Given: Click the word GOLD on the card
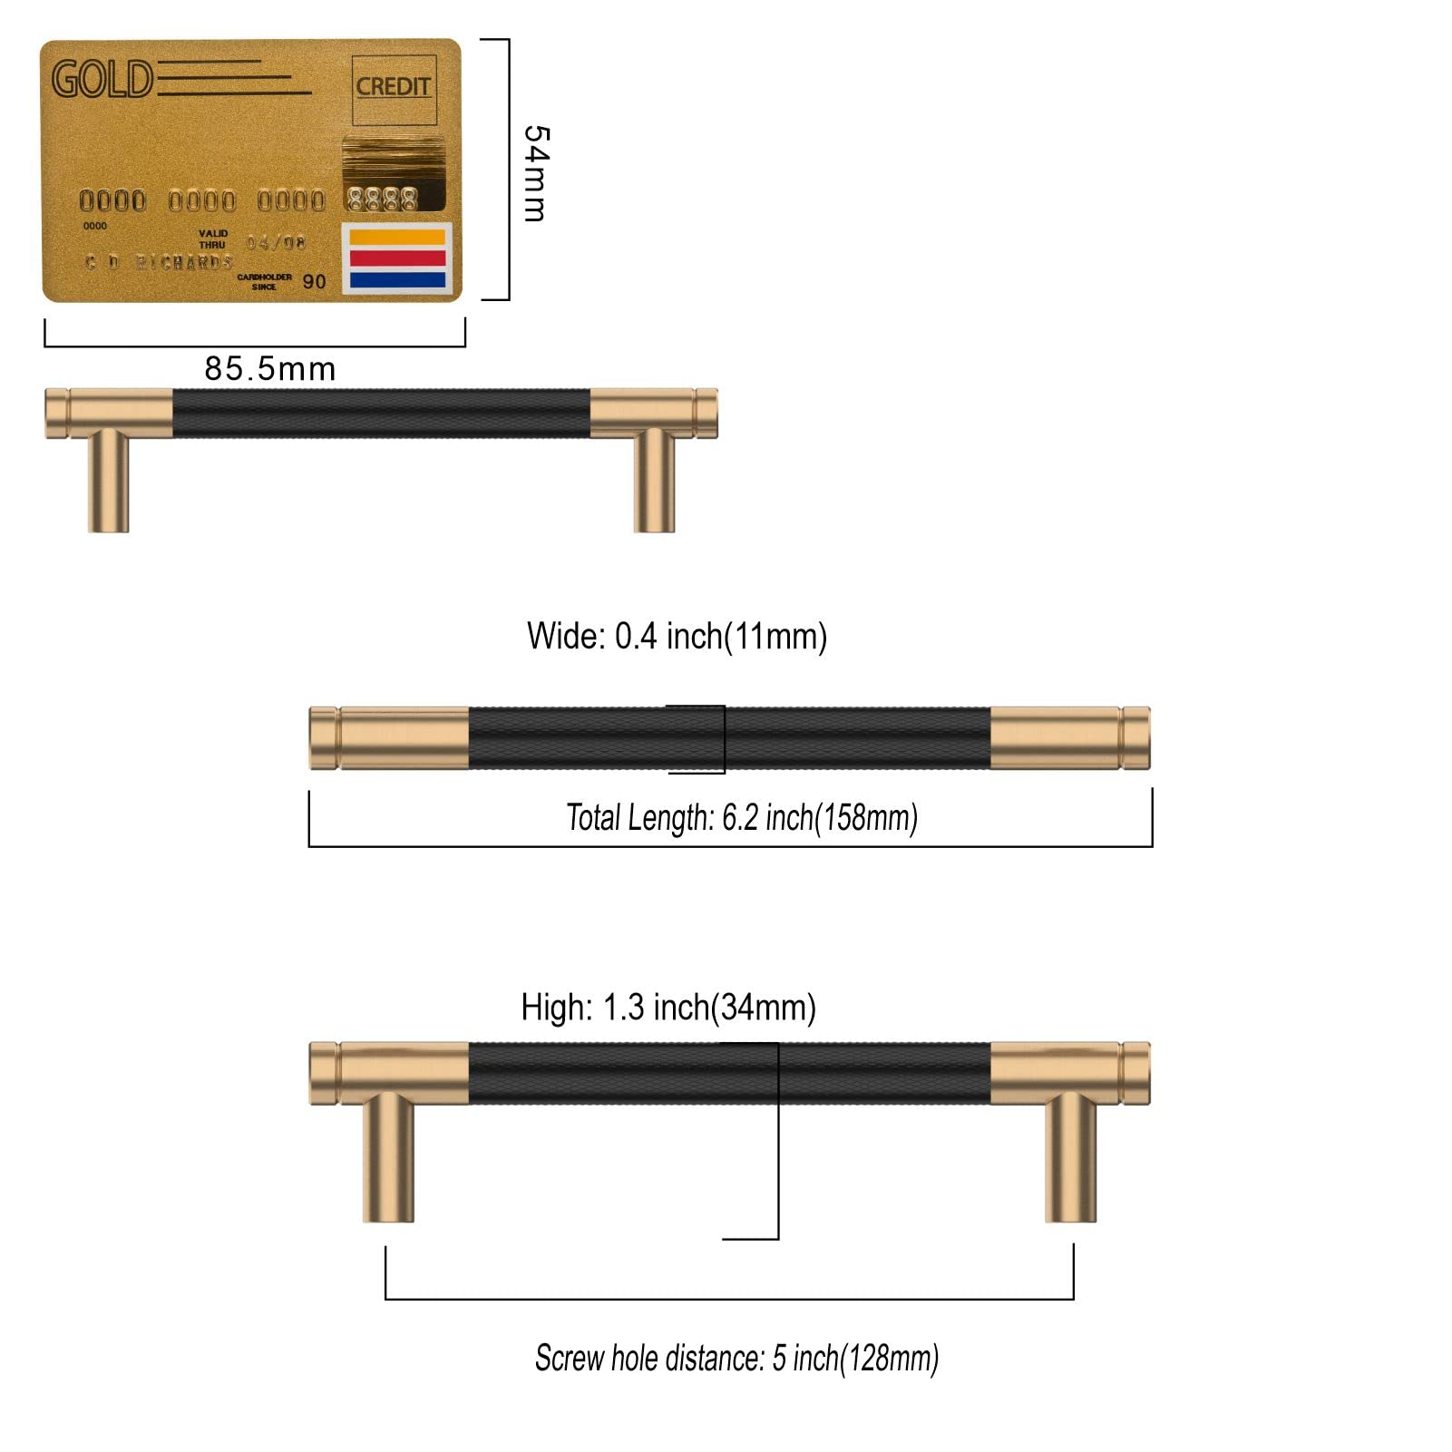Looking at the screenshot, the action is [x=102, y=80].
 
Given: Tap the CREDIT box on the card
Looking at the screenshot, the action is [x=393, y=88].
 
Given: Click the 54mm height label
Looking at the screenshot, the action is [x=536, y=173].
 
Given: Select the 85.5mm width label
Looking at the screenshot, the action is [x=270, y=369].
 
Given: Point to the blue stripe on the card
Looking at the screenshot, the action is [x=397, y=280].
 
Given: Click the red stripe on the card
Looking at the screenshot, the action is [x=397, y=258].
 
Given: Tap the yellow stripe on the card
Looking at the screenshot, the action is [x=397, y=238].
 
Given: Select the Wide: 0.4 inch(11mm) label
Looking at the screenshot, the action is [x=677, y=637].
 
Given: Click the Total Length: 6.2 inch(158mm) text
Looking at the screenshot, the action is [x=742, y=818].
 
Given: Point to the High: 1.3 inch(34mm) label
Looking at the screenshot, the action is [x=668, y=1008].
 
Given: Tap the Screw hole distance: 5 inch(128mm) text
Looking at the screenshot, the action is [x=736, y=1359].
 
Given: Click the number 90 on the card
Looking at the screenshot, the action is [x=314, y=282].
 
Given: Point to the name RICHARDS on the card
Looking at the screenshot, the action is [x=184, y=263].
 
